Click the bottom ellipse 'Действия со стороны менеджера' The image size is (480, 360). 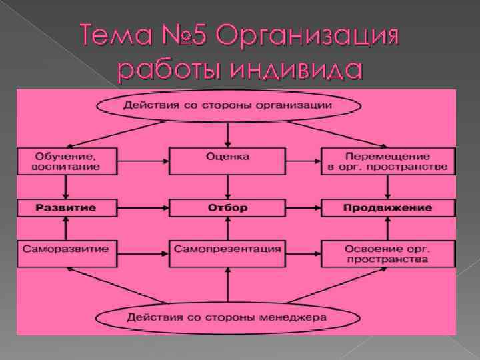coord(229,317)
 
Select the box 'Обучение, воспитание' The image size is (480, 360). coord(65,161)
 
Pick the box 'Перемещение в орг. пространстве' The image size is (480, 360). coord(388,161)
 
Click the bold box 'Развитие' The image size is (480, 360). coord(65,208)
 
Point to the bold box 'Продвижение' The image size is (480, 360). coord(388,208)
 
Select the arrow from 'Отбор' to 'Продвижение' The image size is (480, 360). coord(304,208)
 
